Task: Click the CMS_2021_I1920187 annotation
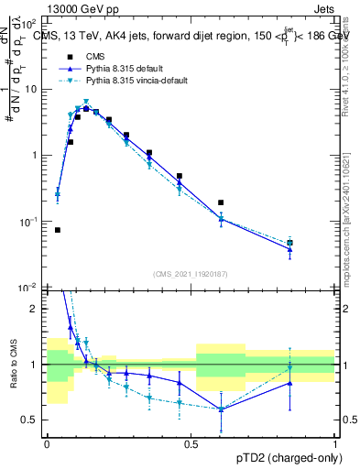pos(191,274)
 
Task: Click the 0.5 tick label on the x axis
pos(191,444)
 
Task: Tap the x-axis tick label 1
pos(335,444)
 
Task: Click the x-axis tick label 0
pos(47,444)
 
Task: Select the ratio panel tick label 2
pos(38,309)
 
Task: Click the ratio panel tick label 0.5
pos(33,420)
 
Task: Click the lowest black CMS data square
pos(58,230)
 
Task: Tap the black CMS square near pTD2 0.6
pos(221,202)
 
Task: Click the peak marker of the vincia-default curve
pos(86,103)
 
